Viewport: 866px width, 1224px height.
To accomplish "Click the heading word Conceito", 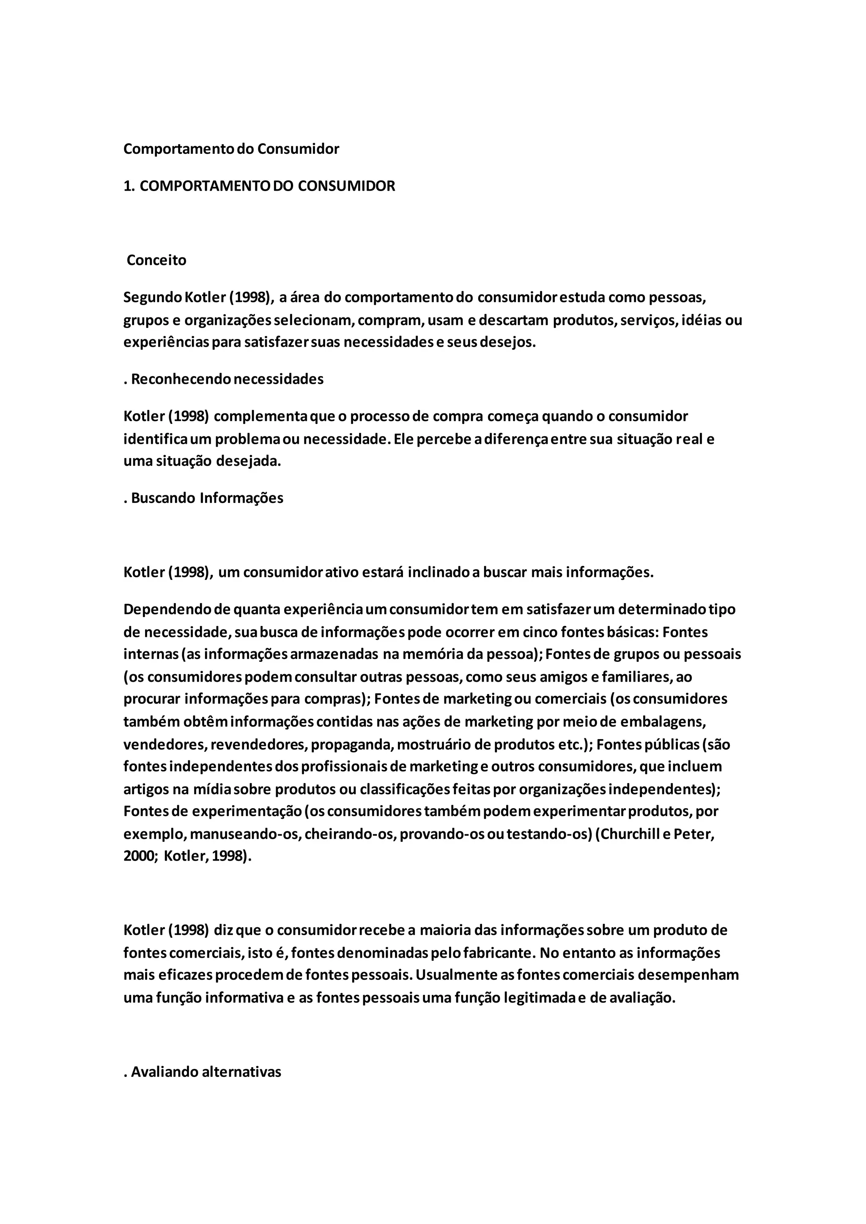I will [x=156, y=260].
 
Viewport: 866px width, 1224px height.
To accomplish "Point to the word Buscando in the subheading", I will [x=163, y=498].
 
